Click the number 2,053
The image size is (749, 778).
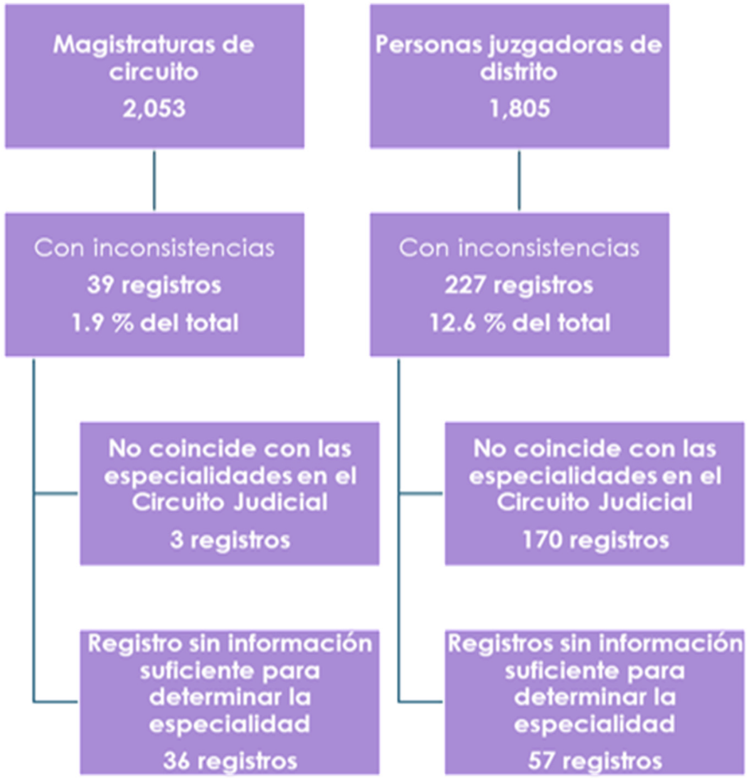(154, 108)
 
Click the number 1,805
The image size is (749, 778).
(519, 108)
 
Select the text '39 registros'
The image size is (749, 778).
(154, 285)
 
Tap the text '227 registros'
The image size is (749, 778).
(519, 285)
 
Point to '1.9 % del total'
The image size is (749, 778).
(154, 323)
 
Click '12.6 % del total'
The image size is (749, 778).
(519, 323)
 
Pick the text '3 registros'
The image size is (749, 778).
(230, 540)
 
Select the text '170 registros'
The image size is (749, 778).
(595, 540)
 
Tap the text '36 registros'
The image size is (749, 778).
(230, 760)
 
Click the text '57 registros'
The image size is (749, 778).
(595, 760)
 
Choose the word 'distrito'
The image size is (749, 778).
(519, 71)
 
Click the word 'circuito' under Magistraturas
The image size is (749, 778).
(154, 71)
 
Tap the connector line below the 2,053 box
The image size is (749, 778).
(154, 181)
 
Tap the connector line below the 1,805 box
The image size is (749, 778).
(519, 181)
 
